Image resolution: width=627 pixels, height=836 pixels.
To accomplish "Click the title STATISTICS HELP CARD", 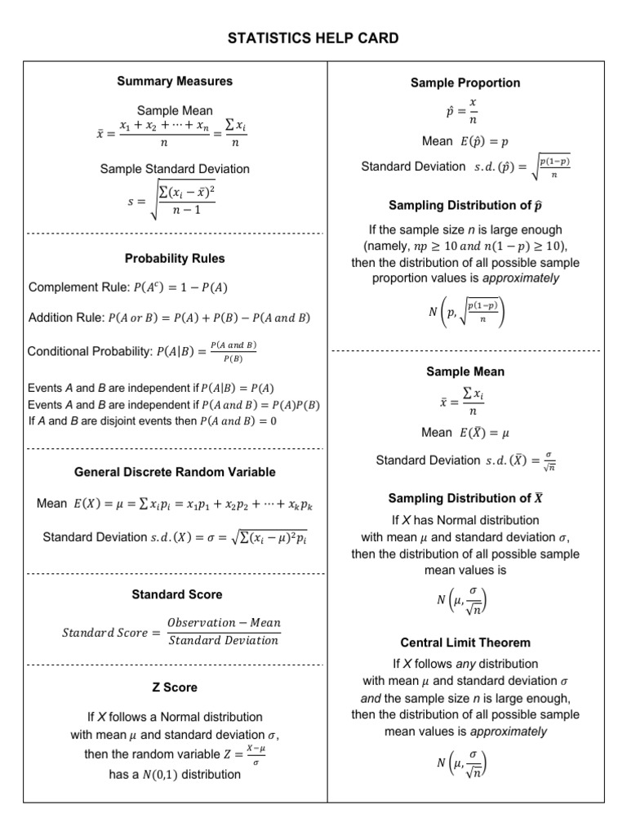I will coord(313,38).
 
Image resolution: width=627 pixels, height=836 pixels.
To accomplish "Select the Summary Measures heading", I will coord(175,81).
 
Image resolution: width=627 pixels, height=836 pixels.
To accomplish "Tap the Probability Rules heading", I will coord(175,259).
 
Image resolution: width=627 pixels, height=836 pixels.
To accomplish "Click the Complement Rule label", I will coord(73,287).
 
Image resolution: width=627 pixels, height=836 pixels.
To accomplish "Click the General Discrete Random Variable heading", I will coord(175,472).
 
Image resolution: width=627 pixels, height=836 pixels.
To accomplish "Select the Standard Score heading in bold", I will coord(176,594).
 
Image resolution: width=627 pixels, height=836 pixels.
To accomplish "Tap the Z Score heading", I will coord(175,687).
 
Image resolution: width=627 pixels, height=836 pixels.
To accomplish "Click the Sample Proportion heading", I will coord(465,82).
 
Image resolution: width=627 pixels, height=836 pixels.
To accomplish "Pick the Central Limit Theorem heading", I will coord(465,643).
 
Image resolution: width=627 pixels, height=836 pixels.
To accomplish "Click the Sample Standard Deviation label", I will coord(175,169).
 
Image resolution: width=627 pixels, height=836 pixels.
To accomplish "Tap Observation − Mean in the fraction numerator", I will coord(223,622).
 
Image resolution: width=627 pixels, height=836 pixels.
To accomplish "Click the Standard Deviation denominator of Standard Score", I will coord(223,641).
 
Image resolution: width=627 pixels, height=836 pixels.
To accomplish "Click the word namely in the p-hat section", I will coord(388,246).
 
